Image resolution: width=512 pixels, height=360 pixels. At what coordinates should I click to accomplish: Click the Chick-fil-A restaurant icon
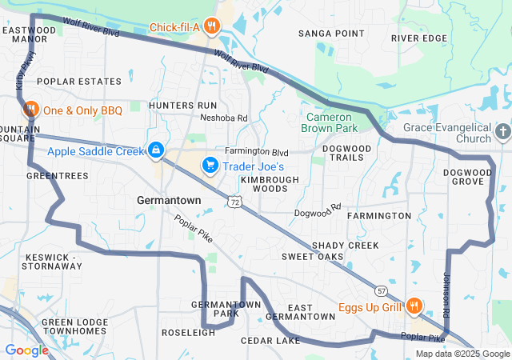coord(211,26)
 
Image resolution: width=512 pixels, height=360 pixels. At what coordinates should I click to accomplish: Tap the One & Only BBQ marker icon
coord(30,110)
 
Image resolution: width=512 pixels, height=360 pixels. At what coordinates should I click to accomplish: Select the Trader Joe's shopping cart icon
coord(210,166)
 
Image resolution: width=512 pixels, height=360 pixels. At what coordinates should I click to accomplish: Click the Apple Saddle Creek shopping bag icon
coord(155,150)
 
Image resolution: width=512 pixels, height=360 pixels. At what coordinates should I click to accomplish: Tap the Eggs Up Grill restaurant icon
coord(414,306)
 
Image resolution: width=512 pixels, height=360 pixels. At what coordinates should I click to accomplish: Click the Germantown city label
coord(169,200)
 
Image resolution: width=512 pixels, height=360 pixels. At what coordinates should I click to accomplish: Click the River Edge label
coord(419,38)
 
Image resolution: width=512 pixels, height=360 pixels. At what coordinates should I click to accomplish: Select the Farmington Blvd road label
coord(256,151)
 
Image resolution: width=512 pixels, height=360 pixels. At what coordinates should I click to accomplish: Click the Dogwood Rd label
coord(318,212)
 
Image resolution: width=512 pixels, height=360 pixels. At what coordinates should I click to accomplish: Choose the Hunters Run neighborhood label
coord(182,105)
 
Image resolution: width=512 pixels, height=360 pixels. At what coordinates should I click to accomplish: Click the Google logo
coord(26,350)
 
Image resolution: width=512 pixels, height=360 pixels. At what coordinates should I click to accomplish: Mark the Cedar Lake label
coord(270,341)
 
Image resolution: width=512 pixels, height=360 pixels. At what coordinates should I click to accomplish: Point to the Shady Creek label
coord(346,245)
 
